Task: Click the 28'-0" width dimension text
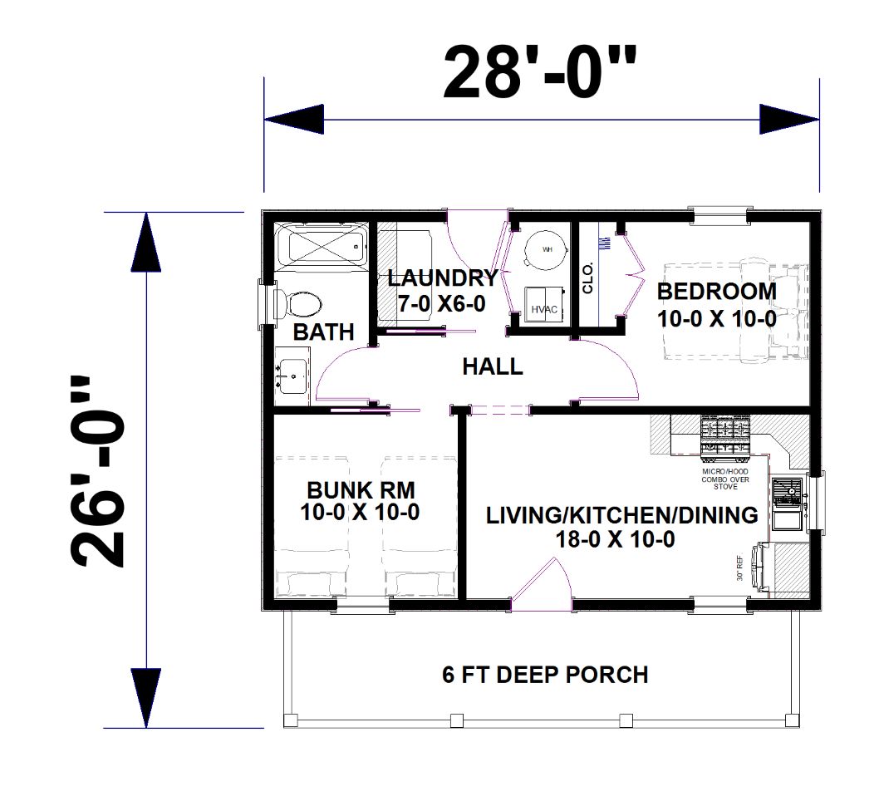(540, 72)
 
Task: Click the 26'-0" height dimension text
(96, 471)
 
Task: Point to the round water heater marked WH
(546, 249)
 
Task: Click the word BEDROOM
(716, 292)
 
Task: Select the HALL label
(493, 366)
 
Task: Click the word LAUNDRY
(443, 278)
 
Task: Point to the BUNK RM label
(361, 490)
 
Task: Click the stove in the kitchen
(724, 434)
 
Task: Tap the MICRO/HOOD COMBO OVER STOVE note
(725, 479)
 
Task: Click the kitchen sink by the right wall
(788, 504)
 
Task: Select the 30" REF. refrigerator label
(740, 568)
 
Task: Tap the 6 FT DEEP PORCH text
(545, 675)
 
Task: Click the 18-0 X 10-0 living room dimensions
(615, 539)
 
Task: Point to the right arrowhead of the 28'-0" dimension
(789, 120)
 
